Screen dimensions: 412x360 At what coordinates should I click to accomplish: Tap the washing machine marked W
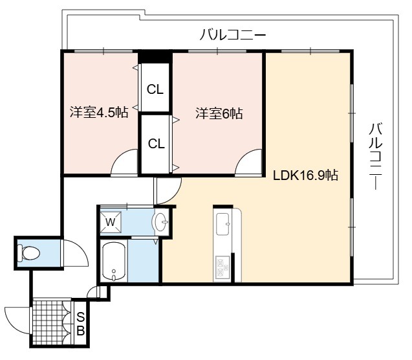pyautogui.click(x=111, y=222)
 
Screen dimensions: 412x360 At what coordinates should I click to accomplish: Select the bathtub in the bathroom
pyautogui.click(x=114, y=261)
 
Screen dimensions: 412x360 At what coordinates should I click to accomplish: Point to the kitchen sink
pyautogui.click(x=222, y=224)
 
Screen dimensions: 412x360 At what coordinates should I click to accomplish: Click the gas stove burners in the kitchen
pyautogui.click(x=222, y=267)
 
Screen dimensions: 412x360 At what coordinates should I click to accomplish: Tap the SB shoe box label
pyautogui.click(x=81, y=324)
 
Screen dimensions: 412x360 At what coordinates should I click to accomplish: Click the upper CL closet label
pyautogui.click(x=155, y=89)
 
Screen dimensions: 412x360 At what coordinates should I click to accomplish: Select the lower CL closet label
pyautogui.click(x=156, y=144)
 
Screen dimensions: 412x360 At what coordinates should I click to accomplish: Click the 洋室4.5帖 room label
pyautogui.click(x=99, y=112)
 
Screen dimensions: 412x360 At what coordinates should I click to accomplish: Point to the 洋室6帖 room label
pyautogui.click(x=219, y=113)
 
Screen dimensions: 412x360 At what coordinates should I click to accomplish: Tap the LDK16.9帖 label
pyautogui.click(x=305, y=175)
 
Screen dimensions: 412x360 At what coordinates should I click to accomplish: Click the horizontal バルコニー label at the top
pyautogui.click(x=233, y=35)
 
